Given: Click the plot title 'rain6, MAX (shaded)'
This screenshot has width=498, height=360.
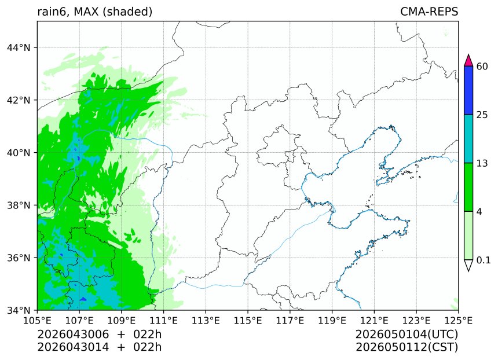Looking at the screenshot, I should click(94, 12).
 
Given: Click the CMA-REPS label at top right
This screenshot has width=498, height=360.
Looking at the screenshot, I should click(429, 12).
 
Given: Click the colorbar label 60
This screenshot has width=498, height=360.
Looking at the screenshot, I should click(482, 67).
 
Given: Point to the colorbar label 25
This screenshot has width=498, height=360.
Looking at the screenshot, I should click(482, 115).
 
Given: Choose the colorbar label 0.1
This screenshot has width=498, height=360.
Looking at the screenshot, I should click(484, 260).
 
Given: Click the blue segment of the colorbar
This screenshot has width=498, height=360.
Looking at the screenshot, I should click(469, 90).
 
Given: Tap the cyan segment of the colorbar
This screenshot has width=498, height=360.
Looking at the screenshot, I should click(469, 139).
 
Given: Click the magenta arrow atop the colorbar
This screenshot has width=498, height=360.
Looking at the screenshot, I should click(469, 61).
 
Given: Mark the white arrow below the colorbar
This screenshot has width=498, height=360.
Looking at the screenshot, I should click(469, 265).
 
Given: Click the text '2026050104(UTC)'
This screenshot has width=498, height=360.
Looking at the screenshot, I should click(407, 335).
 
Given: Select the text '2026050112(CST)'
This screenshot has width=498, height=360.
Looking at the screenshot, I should click(407, 347).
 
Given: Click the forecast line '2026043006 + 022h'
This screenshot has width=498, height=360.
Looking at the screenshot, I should click(99, 335).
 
